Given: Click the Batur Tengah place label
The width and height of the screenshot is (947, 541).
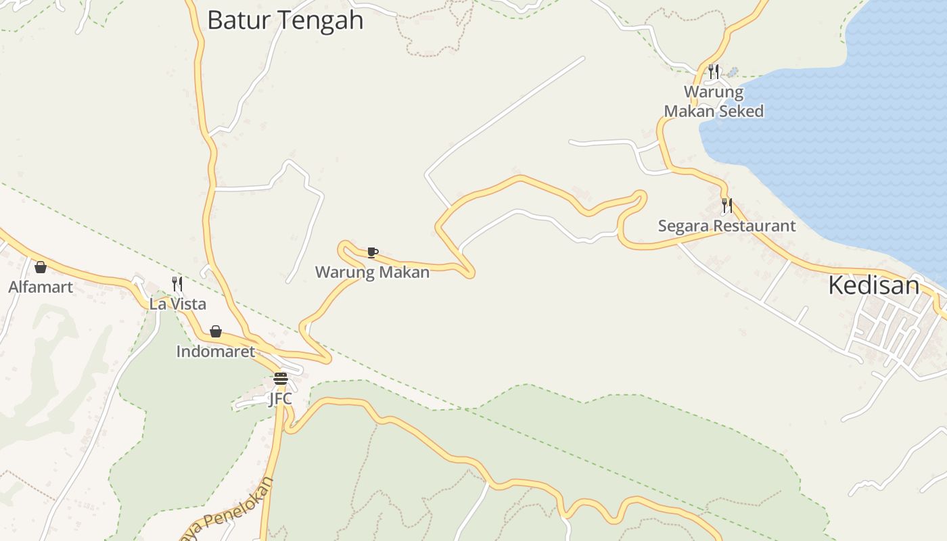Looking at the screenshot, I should (285, 20).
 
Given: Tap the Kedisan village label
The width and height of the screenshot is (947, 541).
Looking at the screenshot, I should (873, 285).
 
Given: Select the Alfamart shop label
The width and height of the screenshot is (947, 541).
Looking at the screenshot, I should (41, 287).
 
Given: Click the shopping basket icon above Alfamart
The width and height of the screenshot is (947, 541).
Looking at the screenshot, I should (41, 267).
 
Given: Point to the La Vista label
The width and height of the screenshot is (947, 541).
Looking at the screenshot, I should (178, 304).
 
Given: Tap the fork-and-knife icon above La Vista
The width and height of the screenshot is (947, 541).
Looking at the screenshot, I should (177, 283).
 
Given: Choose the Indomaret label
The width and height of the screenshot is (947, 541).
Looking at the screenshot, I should (215, 351).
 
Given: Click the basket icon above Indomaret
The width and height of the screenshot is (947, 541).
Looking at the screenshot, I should (215, 331).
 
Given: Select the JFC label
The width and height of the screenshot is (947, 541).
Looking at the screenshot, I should (280, 398).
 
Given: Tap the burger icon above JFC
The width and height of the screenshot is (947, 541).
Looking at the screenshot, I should (281, 378).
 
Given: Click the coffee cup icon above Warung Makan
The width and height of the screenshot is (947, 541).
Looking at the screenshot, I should (371, 252).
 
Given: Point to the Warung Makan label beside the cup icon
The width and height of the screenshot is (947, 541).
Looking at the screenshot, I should (372, 272).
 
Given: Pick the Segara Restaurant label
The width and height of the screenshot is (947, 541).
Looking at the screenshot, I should (726, 225).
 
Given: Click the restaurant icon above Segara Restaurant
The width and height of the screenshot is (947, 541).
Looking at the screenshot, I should (726, 205).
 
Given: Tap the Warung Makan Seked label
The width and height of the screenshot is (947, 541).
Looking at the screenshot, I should (714, 101).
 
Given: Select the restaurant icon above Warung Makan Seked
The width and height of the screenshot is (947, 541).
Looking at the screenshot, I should (713, 72).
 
